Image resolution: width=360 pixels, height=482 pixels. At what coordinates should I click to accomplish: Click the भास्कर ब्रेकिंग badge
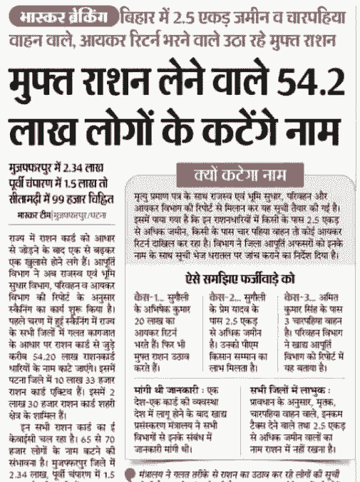pos(62,15)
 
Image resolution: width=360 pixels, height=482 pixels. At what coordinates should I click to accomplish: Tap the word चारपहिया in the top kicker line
pos(314,14)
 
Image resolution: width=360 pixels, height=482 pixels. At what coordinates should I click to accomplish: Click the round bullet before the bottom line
pos(129,473)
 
